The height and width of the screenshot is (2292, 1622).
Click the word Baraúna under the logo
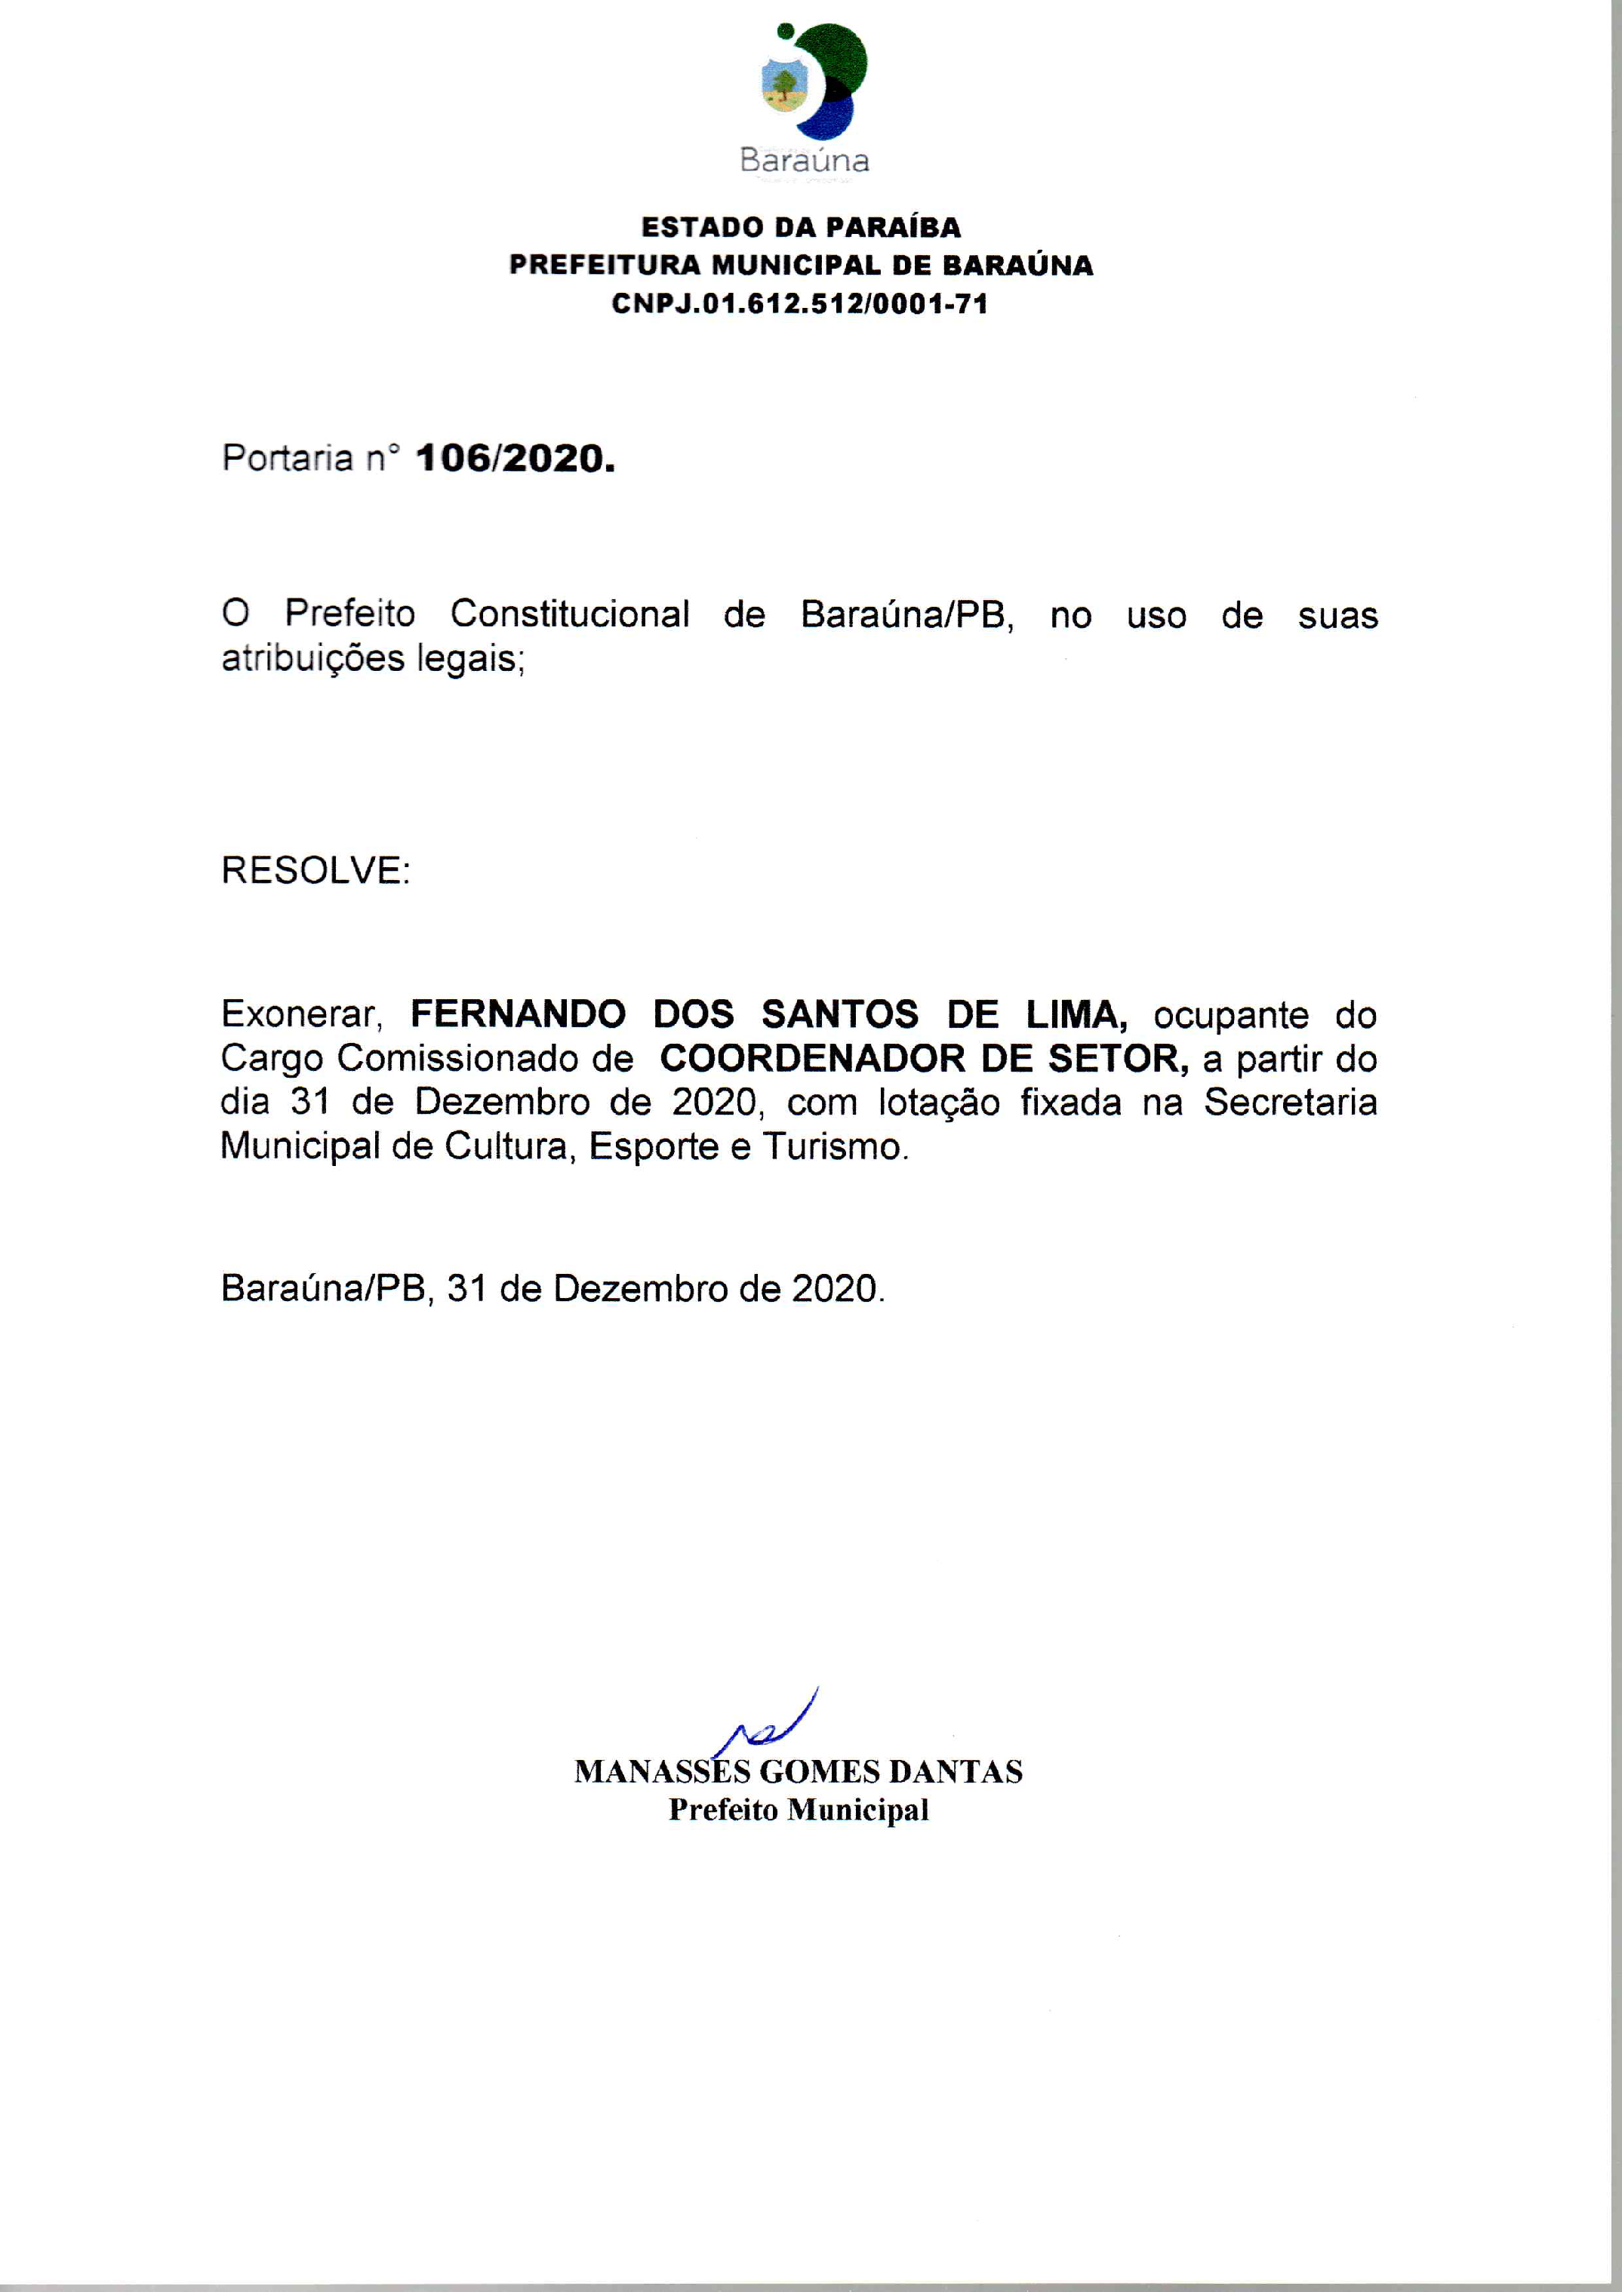(x=804, y=161)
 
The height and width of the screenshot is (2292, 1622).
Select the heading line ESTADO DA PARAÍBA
(x=801, y=228)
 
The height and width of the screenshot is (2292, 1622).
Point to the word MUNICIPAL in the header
(x=796, y=266)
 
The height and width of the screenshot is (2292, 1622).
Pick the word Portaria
(x=288, y=458)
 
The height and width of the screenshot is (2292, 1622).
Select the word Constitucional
(x=569, y=614)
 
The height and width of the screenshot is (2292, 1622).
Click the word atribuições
(x=312, y=659)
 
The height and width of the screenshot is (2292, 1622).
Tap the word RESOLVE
(x=315, y=870)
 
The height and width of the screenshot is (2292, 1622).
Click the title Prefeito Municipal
(x=799, y=1810)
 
